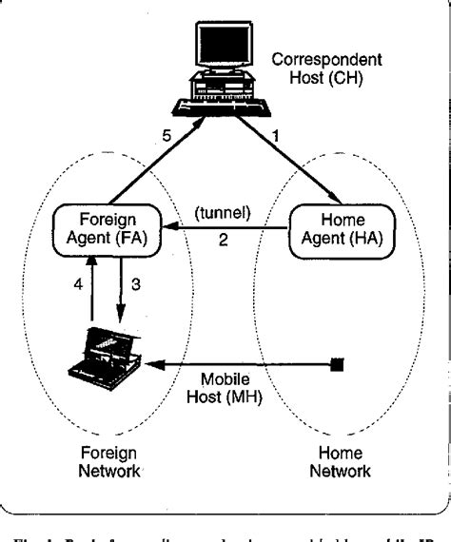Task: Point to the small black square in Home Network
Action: click(x=335, y=362)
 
